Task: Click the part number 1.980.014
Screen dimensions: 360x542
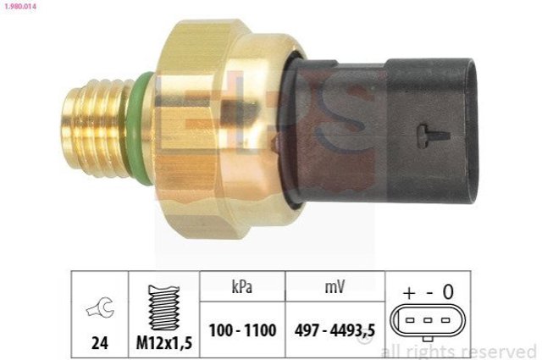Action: coord(18,6)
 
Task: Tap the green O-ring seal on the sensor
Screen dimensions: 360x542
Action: coord(145,127)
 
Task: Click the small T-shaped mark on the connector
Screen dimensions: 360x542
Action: coord(429,132)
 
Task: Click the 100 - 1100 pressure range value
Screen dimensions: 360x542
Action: coord(242,330)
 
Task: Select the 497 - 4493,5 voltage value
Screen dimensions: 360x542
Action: coord(335,330)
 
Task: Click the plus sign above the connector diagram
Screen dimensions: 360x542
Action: coord(409,292)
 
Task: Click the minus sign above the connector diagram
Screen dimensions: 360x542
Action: coord(429,292)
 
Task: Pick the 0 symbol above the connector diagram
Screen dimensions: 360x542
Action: coord(449,292)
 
